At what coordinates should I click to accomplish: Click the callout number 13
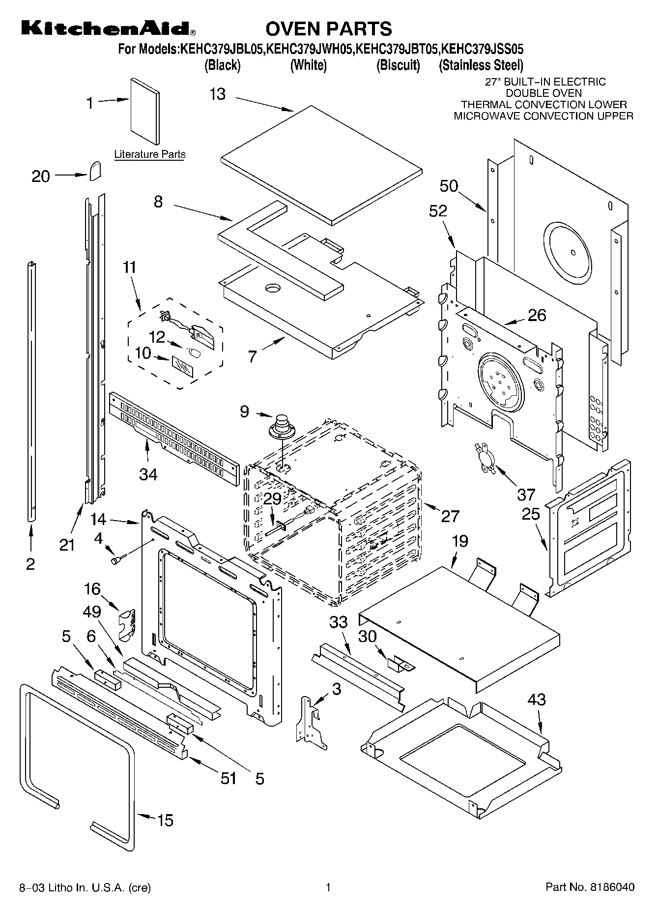point(217,94)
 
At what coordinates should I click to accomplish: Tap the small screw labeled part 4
point(118,559)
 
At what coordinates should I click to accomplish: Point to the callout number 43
point(536,699)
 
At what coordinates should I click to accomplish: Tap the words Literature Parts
point(150,154)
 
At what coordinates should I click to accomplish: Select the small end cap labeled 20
point(95,171)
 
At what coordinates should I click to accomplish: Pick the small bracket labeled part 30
point(401,664)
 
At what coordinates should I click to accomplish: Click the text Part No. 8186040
point(590,887)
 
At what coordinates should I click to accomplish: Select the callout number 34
point(148,474)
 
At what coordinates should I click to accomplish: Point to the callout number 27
point(450,516)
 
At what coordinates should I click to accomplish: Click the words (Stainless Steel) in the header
point(481,65)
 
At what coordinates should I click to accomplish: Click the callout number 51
point(228,778)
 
